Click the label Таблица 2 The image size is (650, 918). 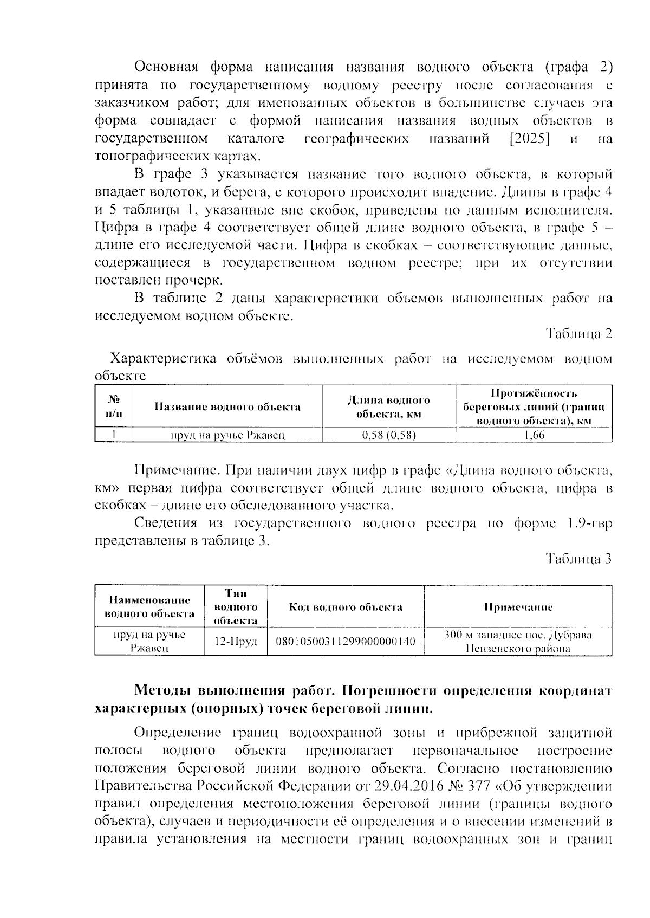pyautogui.click(x=578, y=334)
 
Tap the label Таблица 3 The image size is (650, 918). pyautogui.click(x=578, y=559)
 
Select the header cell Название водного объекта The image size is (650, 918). pyautogui.click(x=227, y=407)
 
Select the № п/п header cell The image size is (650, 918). pyautogui.click(x=114, y=407)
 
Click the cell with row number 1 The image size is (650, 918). pyautogui.click(x=114, y=435)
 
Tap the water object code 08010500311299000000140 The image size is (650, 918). pyautogui.click(x=346, y=642)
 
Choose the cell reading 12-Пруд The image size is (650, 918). pyautogui.click(x=236, y=642)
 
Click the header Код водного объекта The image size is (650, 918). pyautogui.click(x=346, y=607)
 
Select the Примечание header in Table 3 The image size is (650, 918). pyautogui.click(x=518, y=607)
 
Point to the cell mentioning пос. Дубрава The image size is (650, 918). pyautogui.click(x=518, y=642)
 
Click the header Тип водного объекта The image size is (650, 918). pyautogui.click(x=236, y=607)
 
